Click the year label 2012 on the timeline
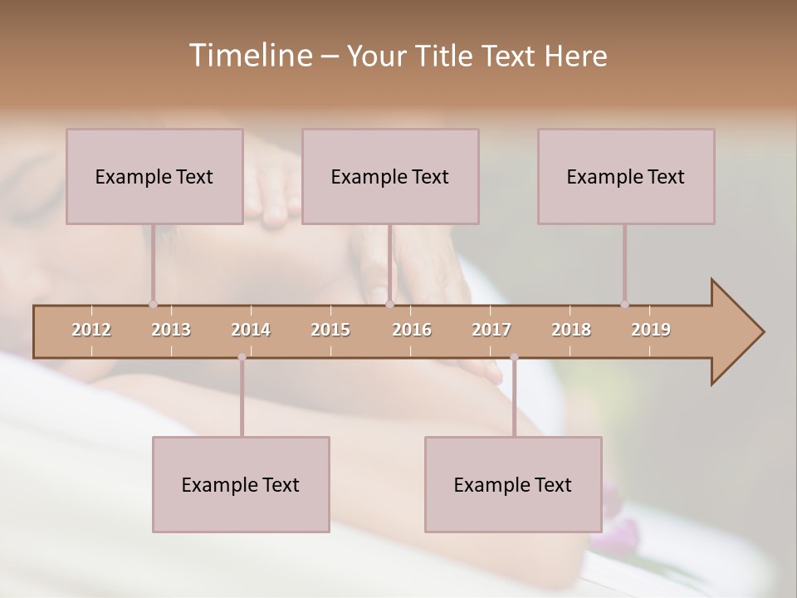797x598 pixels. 91,330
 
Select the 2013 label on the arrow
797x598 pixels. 171,330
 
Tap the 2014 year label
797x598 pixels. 251,330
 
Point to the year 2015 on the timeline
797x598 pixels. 330,330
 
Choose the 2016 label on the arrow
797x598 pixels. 412,330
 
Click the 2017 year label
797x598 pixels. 491,330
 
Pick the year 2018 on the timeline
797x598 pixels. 571,330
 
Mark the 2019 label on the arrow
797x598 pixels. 651,330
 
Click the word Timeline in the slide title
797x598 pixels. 248,56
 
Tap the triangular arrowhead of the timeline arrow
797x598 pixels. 736,332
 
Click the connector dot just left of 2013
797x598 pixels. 153,304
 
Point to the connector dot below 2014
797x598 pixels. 242,357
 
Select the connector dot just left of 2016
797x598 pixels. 389,304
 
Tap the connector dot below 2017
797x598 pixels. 514,357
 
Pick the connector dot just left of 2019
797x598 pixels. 624,304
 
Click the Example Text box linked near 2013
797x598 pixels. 154,176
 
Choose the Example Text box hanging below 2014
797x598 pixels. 241,484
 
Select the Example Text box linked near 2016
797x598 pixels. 390,176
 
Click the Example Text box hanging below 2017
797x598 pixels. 513,484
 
